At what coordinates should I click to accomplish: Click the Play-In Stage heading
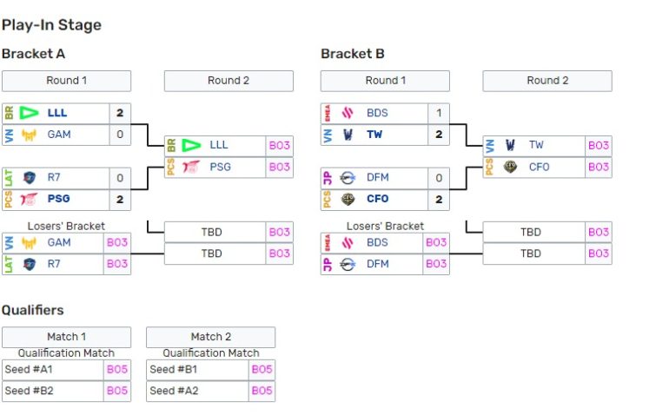pos(51,25)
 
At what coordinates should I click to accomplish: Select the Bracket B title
pos(352,54)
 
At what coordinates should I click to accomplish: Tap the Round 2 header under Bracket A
pos(229,81)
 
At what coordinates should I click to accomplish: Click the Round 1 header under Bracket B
pos(385,81)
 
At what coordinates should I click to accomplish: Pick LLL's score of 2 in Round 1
pos(120,113)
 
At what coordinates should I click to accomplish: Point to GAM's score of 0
pos(120,135)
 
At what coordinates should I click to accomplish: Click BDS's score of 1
pos(439,113)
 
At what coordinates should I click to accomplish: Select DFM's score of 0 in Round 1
pos(439,178)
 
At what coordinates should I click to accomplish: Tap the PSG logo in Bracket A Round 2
pos(191,167)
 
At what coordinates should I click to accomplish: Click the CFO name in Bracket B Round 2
pos(539,167)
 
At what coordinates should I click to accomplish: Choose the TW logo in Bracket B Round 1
pos(348,135)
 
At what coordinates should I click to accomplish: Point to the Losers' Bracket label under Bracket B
pos(385,227)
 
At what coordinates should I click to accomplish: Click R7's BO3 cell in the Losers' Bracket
pos(117,264)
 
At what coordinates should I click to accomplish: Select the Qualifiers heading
pos(32,310)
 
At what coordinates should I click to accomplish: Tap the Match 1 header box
pos(66,337)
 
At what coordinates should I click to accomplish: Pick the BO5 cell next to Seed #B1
pos(262,370)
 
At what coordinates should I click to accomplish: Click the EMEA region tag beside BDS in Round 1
pos(328,113)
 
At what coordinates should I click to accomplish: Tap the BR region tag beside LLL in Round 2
pos(171,145)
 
